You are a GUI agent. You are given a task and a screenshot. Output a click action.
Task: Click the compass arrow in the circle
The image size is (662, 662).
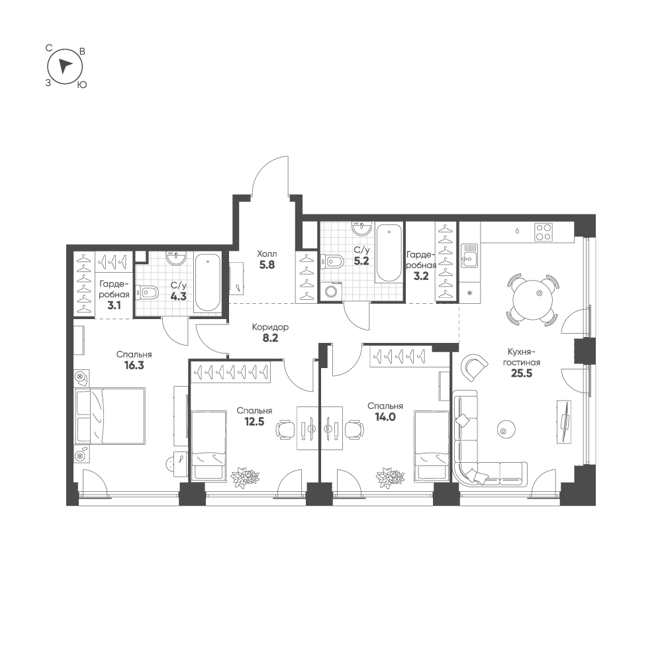point(65,66)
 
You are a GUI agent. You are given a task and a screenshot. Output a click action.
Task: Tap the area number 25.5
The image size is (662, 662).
point(522,373)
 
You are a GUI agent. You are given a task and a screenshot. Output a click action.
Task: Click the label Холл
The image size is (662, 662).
point(267,254)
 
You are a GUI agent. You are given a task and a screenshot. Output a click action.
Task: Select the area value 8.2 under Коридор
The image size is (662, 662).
point(270,338)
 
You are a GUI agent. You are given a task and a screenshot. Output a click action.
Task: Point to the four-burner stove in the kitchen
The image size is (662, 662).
point(544,232)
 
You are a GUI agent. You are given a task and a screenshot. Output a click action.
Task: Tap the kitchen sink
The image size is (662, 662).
point(469,256)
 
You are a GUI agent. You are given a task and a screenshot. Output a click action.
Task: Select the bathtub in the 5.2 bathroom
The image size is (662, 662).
point(389,252)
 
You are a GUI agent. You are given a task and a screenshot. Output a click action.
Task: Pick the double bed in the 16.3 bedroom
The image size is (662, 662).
point(110,416)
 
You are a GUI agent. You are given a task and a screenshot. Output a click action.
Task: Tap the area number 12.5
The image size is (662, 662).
point(254,421)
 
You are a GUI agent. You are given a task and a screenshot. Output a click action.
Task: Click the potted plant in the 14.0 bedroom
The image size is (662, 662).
point(390,477)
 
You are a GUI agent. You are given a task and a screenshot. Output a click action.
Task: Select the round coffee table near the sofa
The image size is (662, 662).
point(505,430)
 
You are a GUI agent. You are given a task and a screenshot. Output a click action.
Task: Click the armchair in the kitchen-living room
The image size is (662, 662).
point(475,367)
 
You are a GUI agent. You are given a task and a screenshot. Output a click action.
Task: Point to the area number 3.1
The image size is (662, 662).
point(114,305)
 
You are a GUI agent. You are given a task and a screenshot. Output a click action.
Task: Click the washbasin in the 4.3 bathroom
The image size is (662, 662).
point(175,258)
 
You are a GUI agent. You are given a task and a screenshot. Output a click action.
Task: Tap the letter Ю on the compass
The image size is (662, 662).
point(82,85)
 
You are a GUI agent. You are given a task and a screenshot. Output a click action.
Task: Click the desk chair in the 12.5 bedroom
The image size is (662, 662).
point(284,430)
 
